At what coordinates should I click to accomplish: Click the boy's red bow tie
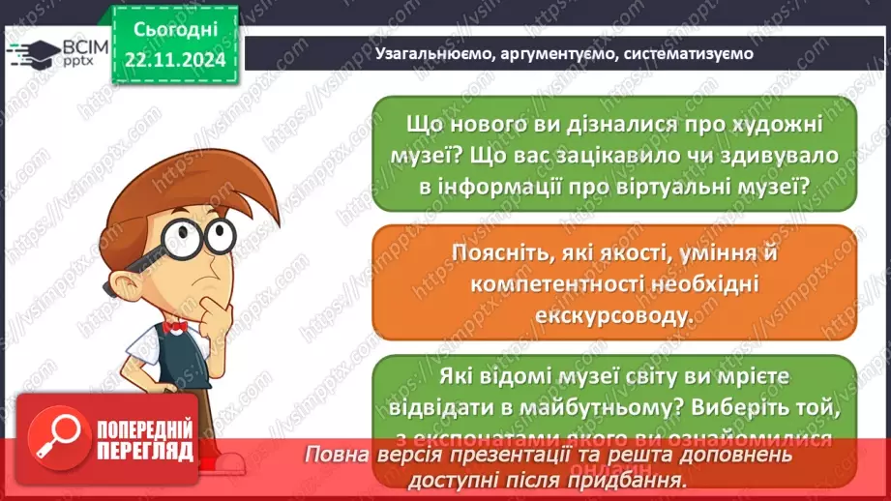pos(176,327)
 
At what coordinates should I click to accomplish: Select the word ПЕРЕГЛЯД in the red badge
pos(143,451)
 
